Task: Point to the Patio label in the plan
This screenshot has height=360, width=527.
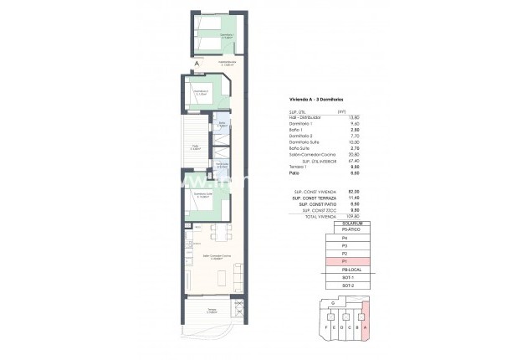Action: coord(194,147)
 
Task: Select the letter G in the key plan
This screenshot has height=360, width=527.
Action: coord(333,303)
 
